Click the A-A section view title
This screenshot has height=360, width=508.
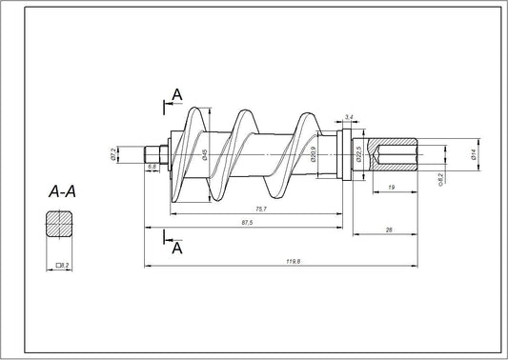pyautogui.click(x=63, y=191)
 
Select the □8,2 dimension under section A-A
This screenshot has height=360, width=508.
pyautogui.click(x=62, y=264)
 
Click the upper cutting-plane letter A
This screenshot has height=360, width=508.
pyautogui.click(x=177, y=92)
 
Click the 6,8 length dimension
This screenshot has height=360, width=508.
pyautogui.click(x=152, y=167)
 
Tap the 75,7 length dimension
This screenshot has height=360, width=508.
pyautogui.click(x=259, y=209)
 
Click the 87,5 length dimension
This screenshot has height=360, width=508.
pyautogui.click(x=245, y=223)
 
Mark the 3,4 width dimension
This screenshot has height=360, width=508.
pyautogui.click(x=350, y=116)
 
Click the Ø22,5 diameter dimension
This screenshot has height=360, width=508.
pyautogui.click(x=358, y=155)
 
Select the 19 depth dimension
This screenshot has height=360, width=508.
pyautogui.click(x=393, y=189)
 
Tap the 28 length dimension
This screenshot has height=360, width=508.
pyautogui.click(x=390, y=230)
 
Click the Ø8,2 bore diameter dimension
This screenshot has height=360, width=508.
pyautogui.click(x=439, y=177)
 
